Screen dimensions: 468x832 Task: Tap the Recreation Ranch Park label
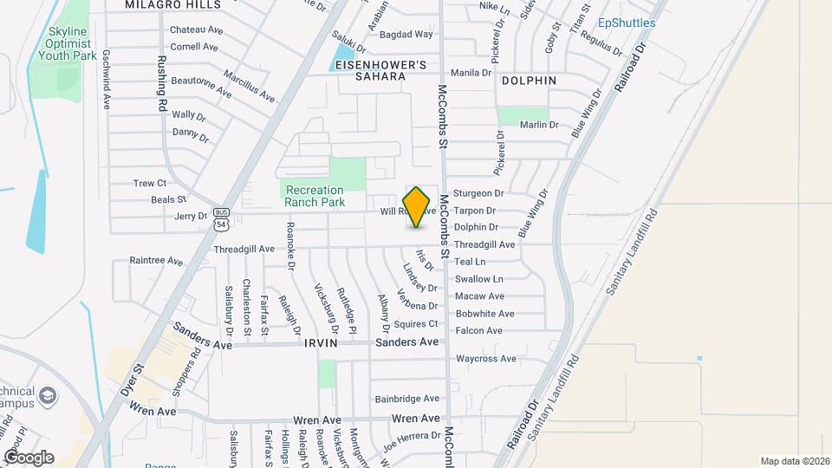[x=315, y=196]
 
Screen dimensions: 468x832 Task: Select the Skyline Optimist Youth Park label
[x=65, y=42]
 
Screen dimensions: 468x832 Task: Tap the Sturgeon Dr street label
[x=479, y=193]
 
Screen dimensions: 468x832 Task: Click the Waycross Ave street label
[x=486, y=359]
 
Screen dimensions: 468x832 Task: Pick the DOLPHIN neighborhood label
[x=529, y=81]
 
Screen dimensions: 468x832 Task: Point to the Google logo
[x=29, y=457]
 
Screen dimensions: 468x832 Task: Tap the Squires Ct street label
[x=411, y=324]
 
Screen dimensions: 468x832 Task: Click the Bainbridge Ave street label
[x=407, y=400]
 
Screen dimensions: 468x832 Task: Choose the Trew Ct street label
[x=149, y=184]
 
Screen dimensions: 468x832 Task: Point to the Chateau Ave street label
[x=197, y=29]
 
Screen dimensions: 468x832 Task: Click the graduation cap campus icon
[x=49, y=397]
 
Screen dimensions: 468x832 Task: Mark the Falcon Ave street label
[x=479, y=331]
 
